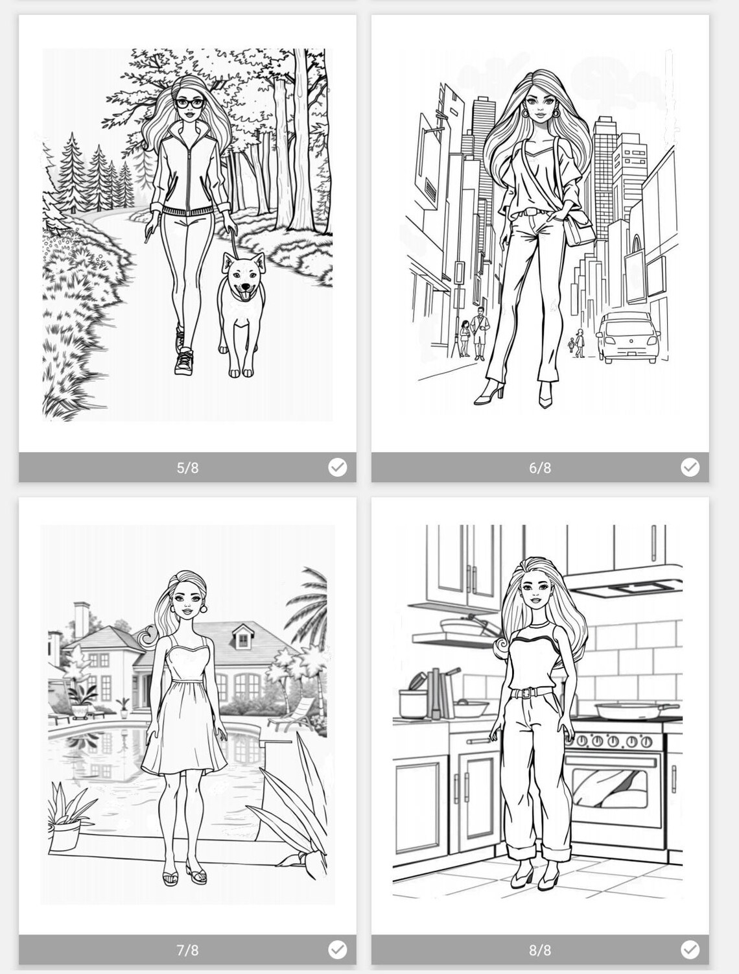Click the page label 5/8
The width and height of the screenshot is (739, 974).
click(x=187, y=468)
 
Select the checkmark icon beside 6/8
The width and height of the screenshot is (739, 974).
click(x=690, y=467)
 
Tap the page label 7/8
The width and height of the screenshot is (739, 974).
click(x=187, y=950)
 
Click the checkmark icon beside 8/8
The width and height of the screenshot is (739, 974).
click(x=690, y=950)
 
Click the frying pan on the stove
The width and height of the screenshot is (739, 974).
click(x=618, y=709)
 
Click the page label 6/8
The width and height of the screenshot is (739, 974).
click(x=540, y=468)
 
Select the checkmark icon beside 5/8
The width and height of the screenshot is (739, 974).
click(x=337, y=467)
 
